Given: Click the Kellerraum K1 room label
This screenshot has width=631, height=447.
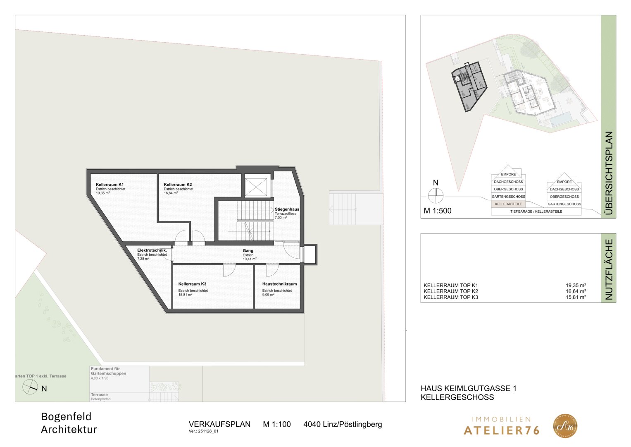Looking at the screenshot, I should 110,185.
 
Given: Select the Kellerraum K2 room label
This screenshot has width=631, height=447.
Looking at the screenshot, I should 178,185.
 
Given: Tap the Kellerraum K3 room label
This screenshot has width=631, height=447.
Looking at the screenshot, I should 192,284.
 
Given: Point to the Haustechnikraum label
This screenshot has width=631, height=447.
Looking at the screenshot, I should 279,284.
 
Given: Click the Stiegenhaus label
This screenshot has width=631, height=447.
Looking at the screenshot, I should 287,209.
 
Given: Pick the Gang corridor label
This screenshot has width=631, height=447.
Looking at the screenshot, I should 248,251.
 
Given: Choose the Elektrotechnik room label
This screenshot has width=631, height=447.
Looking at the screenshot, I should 152,250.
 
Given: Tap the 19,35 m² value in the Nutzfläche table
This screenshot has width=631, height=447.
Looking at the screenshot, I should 576,285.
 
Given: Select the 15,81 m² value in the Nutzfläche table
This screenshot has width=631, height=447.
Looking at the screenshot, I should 576,297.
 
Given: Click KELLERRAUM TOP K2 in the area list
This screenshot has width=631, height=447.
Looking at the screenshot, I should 450,291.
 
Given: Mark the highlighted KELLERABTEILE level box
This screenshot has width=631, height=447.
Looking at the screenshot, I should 508,204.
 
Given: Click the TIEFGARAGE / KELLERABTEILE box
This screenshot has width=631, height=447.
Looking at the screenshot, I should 536,211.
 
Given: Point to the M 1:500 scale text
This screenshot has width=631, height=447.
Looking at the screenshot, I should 438,211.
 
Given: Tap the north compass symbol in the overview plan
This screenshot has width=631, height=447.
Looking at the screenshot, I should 436,194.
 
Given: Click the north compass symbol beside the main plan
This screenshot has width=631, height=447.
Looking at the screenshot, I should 30,387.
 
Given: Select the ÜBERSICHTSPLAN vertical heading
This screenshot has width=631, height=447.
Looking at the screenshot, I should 608,174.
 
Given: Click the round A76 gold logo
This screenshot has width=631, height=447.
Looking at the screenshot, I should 565,426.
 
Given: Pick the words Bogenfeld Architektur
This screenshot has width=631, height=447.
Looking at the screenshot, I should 69,423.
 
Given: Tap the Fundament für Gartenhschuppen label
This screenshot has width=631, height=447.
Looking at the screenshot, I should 108,371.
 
